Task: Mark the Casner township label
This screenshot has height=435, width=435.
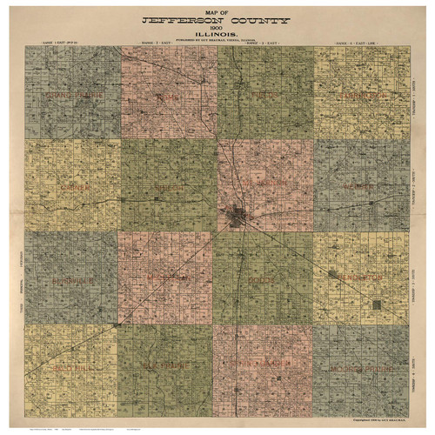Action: (71, 186)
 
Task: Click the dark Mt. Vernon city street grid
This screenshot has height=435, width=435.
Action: (238, 213)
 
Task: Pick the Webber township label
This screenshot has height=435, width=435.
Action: (360, 186)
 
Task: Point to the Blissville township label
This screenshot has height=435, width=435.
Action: (71, 280)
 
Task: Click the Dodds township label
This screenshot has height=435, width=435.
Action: (264, 280)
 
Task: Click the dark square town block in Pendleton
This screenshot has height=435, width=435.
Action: (377, 304)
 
